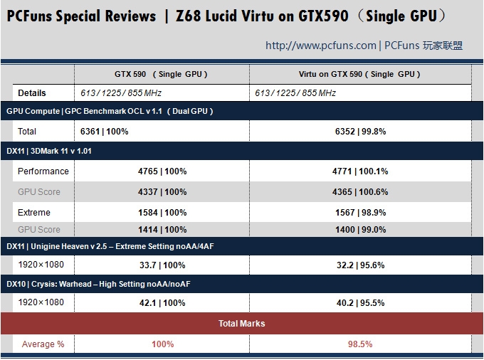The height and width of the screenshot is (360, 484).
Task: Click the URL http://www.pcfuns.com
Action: click(x=320, y=46)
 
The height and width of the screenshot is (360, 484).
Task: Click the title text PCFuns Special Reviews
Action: click(x=81, y=16)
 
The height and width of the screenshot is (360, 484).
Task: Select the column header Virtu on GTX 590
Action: click(x=359, y=74)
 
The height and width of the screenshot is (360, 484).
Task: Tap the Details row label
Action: click(x=32, y=93)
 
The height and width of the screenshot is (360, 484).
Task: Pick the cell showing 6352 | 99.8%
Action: click(x=360, y=132)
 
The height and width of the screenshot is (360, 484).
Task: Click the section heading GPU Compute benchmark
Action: click(x=110, y=111)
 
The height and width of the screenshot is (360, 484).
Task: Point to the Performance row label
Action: click(x=43, y=171)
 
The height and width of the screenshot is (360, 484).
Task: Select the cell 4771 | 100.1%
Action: click(x=360, y=171)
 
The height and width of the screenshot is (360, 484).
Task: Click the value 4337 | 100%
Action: click(x=162, y=192)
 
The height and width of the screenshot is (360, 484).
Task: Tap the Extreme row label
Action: click(x=34, y=213)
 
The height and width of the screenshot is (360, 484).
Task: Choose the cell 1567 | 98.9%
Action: click(x=360, y=213)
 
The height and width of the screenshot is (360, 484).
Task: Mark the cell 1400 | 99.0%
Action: click(x=360, y=230)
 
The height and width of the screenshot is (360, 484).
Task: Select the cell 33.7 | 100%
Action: click(x=162, y=265)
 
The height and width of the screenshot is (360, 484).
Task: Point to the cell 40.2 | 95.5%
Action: click(x=360, y=303)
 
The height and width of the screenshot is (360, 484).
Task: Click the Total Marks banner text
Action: click(x=242, y=324)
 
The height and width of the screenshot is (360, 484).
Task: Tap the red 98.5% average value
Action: click(x=360, y=344)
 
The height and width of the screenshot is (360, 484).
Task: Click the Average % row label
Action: click(x=43, y=344)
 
